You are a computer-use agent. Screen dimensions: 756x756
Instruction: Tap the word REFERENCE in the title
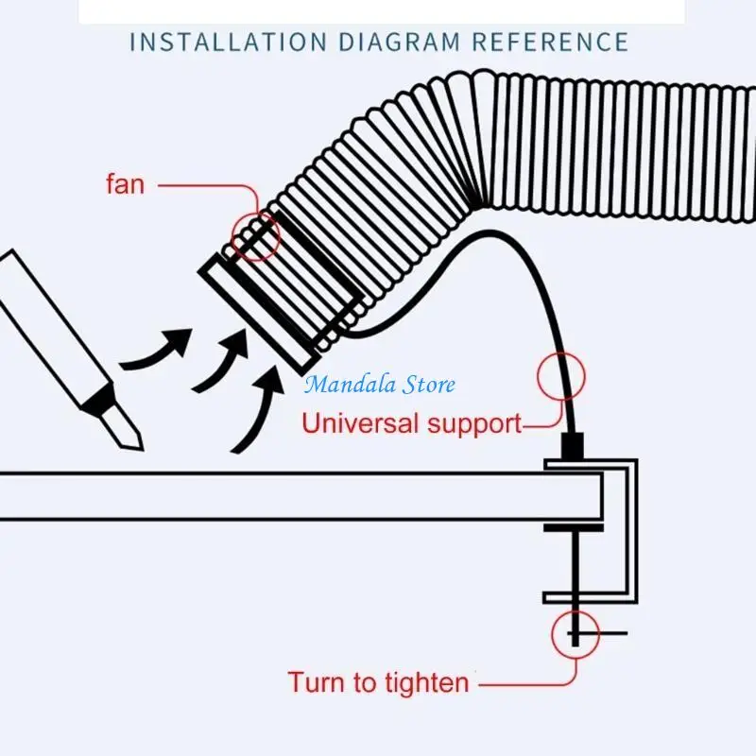550,42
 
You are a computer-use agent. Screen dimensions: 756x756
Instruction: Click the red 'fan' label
125,183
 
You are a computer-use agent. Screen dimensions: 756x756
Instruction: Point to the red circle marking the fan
256,235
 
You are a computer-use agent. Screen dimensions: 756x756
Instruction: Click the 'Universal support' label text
411,422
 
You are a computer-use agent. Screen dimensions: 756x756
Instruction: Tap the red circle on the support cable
561,375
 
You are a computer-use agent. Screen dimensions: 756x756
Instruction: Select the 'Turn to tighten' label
378,681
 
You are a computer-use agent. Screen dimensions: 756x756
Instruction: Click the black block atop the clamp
575,445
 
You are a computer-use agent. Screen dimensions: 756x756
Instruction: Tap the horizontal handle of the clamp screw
605,632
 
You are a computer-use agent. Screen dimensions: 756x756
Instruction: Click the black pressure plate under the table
573,525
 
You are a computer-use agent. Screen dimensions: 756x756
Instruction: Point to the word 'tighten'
421,681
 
